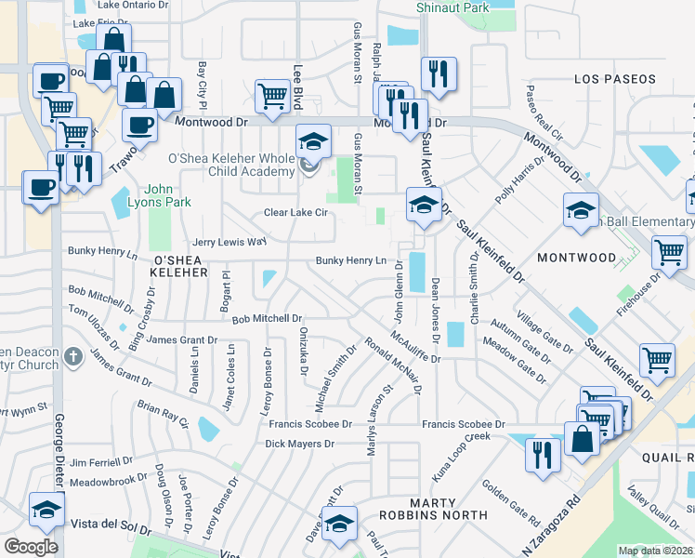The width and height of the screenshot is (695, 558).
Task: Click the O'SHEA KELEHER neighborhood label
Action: click(x=192, y=272)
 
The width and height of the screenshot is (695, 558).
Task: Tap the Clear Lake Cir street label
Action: click(x=297, y=213)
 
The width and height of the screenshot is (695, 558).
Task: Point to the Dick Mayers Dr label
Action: click(x=299, y=445)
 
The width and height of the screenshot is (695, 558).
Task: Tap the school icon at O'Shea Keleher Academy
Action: click(x=314, y=142)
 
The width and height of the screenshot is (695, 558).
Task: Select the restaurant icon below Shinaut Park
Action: click(x=437, y=74)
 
